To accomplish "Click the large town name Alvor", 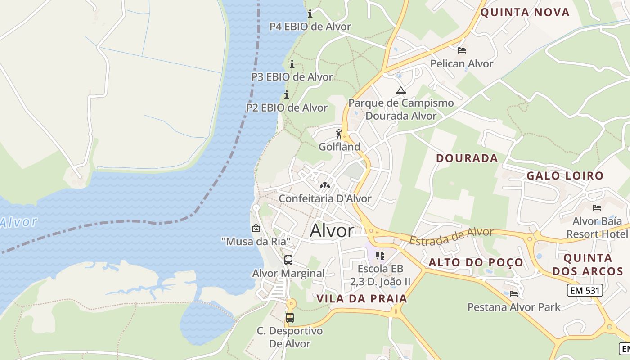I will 332,230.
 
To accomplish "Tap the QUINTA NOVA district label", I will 525,12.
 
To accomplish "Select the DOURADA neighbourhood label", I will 467,158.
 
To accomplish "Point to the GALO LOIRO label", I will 565,176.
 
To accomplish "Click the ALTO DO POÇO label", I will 476,262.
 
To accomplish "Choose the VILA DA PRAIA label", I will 362,298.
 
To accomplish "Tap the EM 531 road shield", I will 584,290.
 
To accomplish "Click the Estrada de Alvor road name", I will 451,236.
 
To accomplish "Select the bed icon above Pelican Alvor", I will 461,50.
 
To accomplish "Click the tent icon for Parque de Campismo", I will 400,90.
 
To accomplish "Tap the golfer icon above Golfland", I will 339,134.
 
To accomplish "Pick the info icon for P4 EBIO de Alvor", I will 310,13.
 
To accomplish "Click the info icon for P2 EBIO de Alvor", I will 286,94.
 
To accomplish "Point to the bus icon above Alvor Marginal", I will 288,260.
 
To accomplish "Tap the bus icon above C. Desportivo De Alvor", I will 290,318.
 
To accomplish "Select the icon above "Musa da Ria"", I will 256,228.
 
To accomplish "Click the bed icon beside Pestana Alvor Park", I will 514,294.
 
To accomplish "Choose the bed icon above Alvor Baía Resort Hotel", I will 597,207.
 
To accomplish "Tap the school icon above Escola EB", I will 380,256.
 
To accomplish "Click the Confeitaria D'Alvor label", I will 325,198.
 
